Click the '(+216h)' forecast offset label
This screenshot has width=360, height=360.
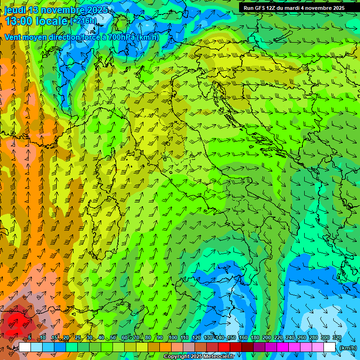pyautogui.click(x=83, y=21)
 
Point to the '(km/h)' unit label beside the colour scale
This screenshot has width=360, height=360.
pyautogui.click(x=348, y=348)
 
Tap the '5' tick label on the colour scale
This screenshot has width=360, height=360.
pyautogui.click(x=30, y=337)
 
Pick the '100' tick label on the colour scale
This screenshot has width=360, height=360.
pyautogui.click(x=173, y=337)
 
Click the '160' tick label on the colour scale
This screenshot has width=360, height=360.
pyautogui.click(x=243, y=337)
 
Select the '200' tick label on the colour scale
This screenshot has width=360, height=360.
pyautogui.click(x=267, y=337)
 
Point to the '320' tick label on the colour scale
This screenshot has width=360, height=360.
pyautogui.click(x=337, y=337)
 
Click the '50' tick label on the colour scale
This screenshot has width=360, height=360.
pyautogui.click(x=113, y=337)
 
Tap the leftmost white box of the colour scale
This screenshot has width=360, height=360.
pyautogui.click(x=24, y=347)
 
